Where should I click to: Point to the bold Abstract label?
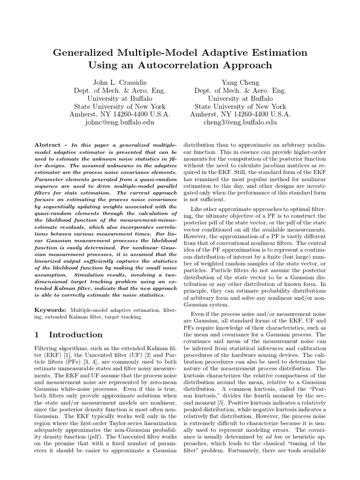click(50, 145)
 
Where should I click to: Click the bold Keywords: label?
click(51, 310)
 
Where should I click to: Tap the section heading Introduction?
click(75, 335)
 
